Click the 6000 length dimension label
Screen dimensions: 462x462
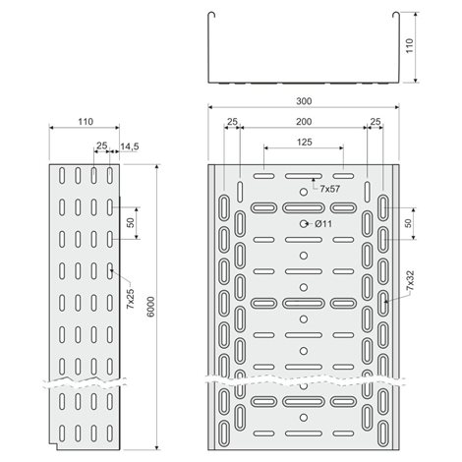coord(150,307)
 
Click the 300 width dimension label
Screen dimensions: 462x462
coord(304,101)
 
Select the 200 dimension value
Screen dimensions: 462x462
coord(304,122)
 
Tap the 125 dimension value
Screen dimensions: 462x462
coord(305,142)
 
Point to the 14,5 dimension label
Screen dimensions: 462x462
coord(130,146)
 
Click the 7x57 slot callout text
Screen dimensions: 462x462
coord(330,189)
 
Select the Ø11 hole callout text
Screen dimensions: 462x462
coord(323,224)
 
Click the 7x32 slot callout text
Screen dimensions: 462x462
coord(410,280)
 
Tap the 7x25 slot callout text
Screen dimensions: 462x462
coord(131,299)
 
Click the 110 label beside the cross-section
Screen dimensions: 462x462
coord(410,46)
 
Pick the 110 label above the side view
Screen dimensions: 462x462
coord(86,122)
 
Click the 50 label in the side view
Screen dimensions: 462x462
coord(131,223)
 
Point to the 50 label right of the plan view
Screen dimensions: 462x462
coord(408,223)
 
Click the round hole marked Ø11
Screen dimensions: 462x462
coord(304,224)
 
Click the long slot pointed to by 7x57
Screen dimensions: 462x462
coord(304,176)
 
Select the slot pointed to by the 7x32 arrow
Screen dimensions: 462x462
coord(382,303)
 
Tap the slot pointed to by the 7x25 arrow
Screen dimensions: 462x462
coord(110,270)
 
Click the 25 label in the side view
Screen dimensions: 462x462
coord(101,145)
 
